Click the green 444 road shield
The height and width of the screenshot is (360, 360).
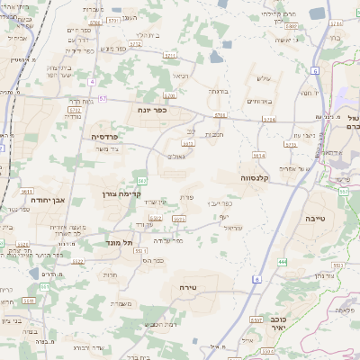(x=282, y=261)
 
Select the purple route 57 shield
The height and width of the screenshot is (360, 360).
(x=103, y=98)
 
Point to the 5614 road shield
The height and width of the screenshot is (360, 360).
(x=259, y=156)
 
